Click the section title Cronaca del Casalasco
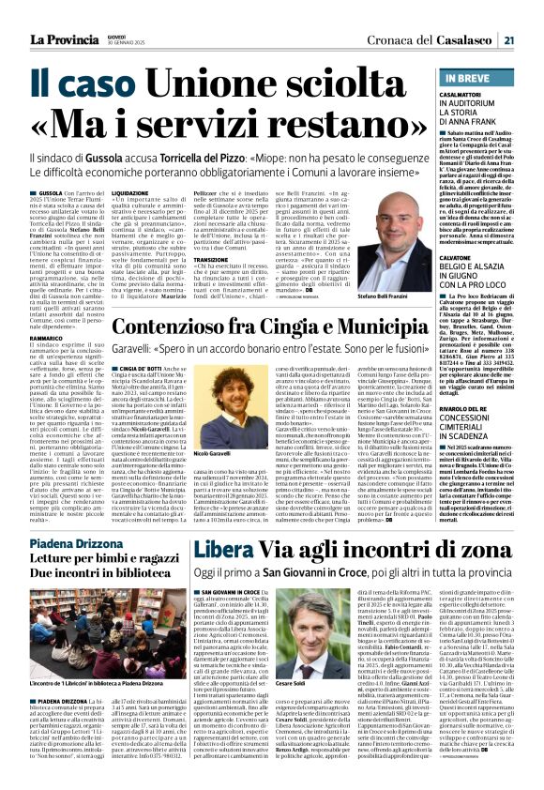pos(442,38)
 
